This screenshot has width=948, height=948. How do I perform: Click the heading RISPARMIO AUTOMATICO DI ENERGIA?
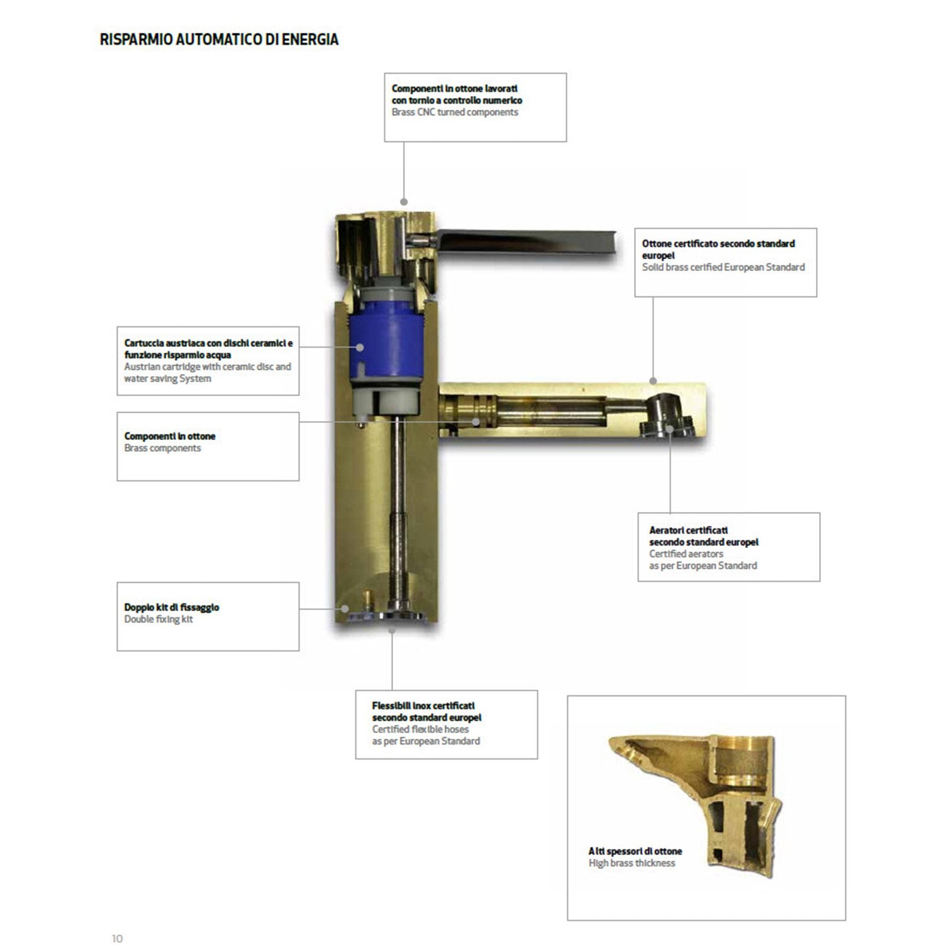coord(219,40)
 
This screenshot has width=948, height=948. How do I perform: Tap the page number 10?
coord(117,939)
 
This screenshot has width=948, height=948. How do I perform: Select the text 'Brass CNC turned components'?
coord(455,112)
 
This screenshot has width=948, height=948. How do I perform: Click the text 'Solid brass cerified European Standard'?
coord(724,267)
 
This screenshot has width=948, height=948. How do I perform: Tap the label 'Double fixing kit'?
coord(159,619)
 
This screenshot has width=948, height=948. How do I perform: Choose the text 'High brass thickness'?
coord(632,863)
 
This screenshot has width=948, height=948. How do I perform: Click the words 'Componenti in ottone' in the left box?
coord(170,436)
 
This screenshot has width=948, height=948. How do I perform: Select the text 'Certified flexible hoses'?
coord(420,729)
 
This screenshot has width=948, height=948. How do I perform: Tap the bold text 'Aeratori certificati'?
coord(689,530)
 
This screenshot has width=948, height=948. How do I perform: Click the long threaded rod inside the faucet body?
coord(398,512)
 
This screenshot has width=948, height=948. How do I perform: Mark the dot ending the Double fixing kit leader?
coord(345,609)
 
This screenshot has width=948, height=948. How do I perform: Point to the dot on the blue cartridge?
coord(360,346)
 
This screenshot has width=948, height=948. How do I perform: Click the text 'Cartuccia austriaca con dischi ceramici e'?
coord(209,343)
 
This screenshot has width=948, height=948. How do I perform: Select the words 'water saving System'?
coord(167,379)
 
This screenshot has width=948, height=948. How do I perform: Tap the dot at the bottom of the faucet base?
coord(392,629)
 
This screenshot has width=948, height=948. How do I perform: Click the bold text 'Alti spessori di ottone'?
coord(635,851)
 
